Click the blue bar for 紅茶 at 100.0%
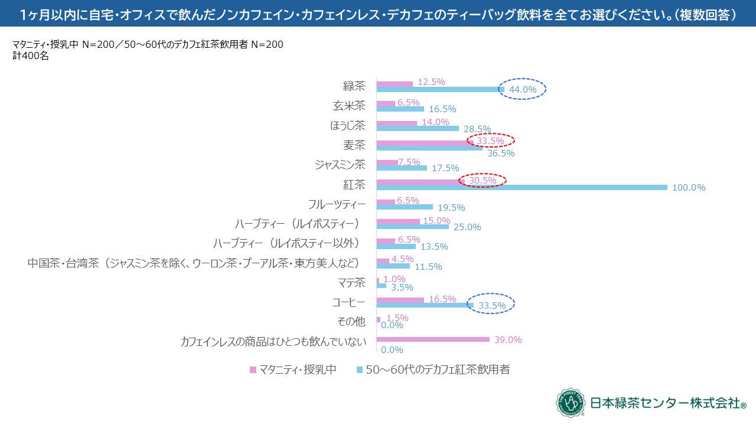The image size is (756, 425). coord(522,188)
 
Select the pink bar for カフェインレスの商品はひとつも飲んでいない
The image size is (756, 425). coord(433,339)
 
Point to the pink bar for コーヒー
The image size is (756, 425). coord(400,300)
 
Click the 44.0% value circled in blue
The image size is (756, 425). coord(522,90)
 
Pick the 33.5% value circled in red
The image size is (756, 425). coord(490,141)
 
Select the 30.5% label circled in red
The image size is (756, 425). coord(483,180)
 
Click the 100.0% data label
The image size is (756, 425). coord(689,188)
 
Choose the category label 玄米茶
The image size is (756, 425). coord(354,106)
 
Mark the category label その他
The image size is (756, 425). coord(354,322)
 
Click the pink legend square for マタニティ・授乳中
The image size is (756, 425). coord(253,370)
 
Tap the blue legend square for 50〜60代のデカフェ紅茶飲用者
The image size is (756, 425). coord(360,370)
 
